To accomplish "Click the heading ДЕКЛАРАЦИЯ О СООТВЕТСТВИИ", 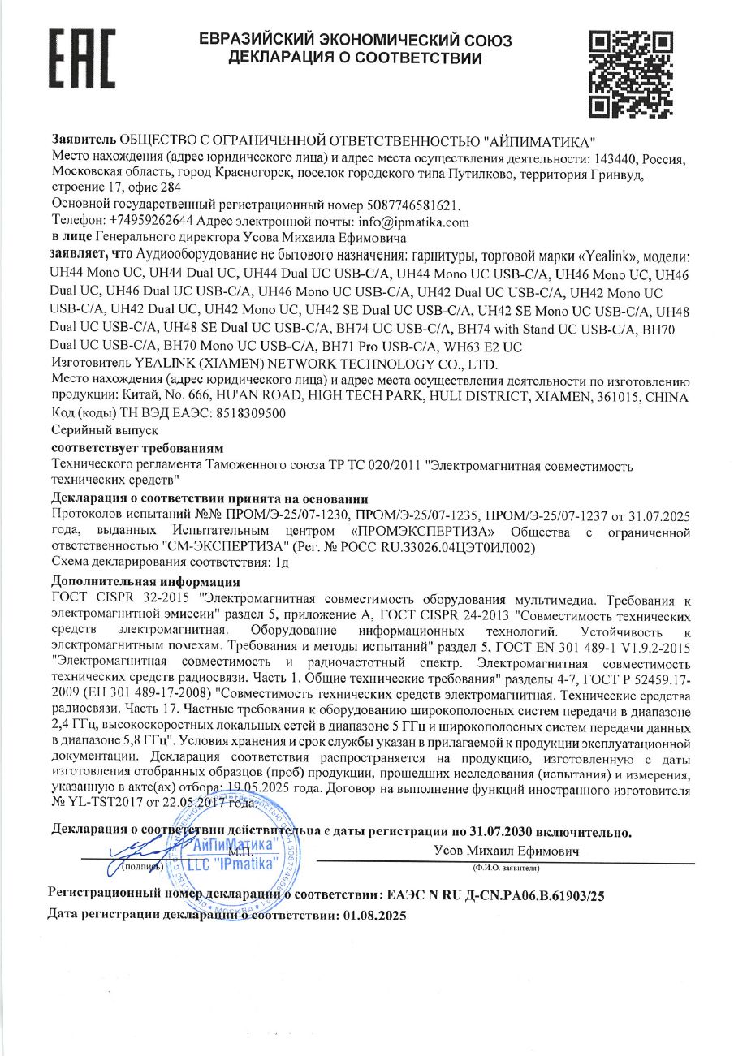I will pyautogui.click(x=355, y=58).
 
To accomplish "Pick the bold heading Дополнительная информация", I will pyautogui.click(x=145, y=581).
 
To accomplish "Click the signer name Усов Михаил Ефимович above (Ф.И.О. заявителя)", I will pyautogui.click(x=505, y=851).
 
